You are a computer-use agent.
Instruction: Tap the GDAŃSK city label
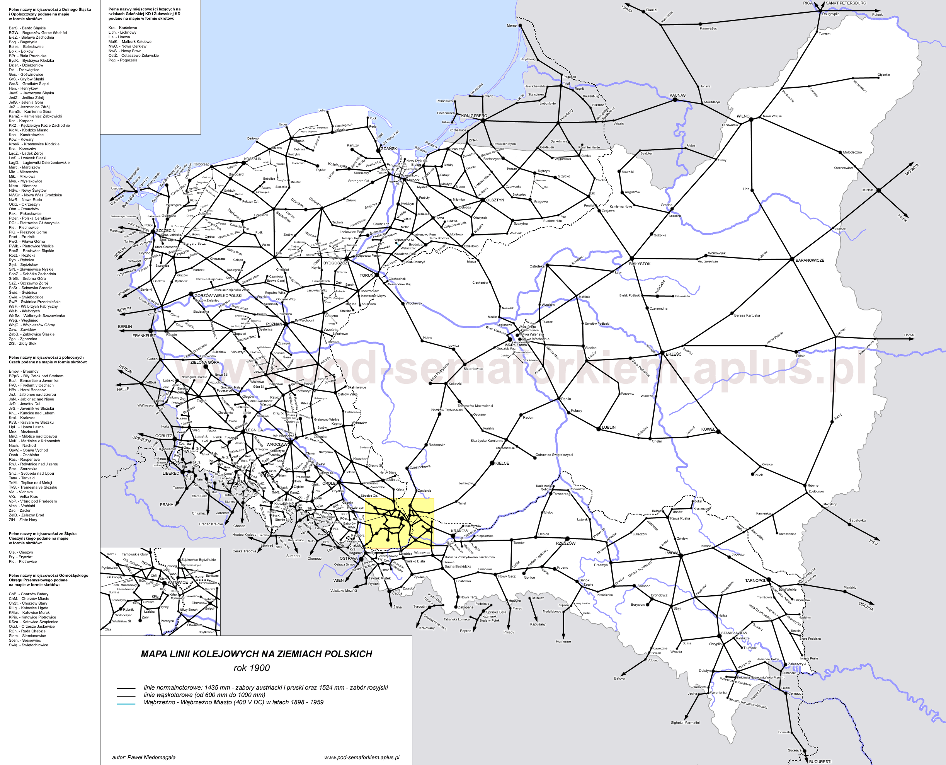[x=388, y=148]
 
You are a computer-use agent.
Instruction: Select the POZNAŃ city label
[x=274, y=324]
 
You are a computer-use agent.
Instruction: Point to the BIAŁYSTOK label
[x=640, y=264]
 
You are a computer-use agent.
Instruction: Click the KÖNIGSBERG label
[x=474, y=116]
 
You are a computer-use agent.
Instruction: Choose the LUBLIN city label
[x=609, y=428]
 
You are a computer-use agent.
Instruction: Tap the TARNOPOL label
[x=755, y=580]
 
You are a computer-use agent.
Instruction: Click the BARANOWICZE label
[x=810, y=260]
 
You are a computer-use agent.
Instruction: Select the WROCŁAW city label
[x=277, y=444]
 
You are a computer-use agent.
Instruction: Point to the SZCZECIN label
[x=166, y=230]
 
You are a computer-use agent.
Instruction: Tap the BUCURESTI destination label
[x=820, y=762]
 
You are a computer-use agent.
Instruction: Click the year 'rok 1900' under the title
[x=252, y=668]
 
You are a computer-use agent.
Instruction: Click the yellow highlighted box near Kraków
[x=400, y=523]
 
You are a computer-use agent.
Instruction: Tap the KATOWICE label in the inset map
[x=177, y=582]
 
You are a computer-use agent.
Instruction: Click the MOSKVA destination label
[x=912, y=170]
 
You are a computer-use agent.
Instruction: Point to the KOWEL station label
[x=708, y=429]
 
